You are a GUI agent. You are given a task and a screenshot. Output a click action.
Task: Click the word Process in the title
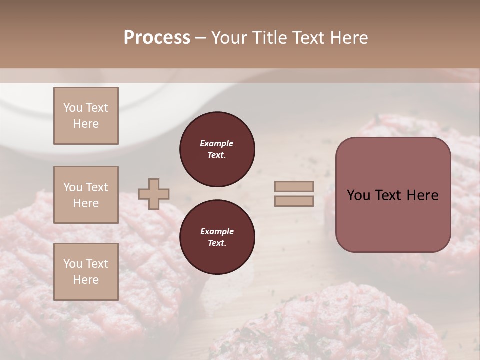(x=157, y=38)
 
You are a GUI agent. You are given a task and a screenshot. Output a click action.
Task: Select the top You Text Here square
(x=86, y=116)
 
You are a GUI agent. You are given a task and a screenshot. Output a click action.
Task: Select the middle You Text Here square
(x=86, y=195)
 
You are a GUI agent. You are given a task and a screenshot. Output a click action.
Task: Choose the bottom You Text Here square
(x=86, y=272)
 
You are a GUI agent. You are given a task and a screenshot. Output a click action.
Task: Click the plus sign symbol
(x=154, y=194)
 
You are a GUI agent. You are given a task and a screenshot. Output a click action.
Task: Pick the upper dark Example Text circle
(x=217, y=149)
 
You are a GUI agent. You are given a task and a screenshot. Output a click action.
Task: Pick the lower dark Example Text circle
(x=217, y=237)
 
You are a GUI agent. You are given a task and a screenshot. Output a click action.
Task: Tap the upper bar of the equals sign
(x=294, y=186)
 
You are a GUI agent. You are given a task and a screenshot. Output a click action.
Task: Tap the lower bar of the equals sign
(x=294, y=201)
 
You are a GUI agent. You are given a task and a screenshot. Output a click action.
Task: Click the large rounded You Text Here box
(x=393, y=195)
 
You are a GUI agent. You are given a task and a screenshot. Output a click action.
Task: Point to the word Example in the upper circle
(x=217, y=143)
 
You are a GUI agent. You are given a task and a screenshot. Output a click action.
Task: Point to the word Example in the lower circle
(x=217, y=231)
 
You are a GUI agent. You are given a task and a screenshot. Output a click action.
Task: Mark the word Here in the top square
(x=86, y=124)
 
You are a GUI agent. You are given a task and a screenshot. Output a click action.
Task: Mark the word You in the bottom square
(x=73, y=264)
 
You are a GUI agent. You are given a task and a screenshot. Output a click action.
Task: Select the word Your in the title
(x=229, y=38)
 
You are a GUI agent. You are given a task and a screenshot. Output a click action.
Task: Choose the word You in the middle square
(x=73, y=187)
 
